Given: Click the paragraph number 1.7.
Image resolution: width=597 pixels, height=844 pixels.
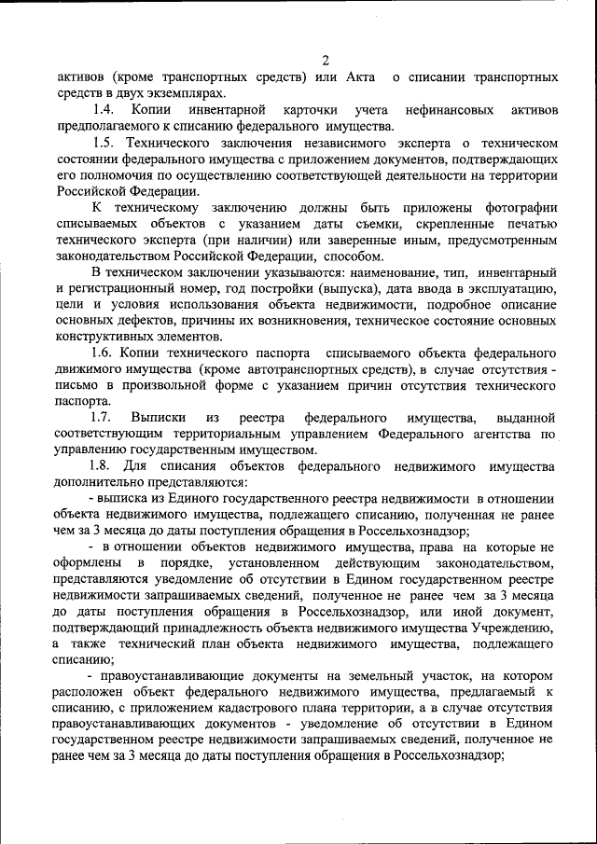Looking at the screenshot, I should pos(104,418).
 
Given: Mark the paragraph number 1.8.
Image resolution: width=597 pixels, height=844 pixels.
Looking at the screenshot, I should pos(104,465).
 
